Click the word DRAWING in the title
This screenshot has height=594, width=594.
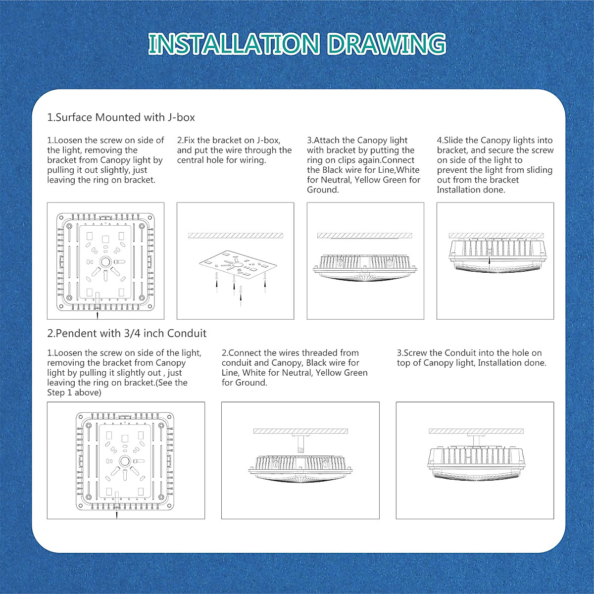click(386, 44)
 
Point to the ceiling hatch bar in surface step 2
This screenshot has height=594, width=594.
click(235, 236)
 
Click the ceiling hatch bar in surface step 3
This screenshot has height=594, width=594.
click(365, 236)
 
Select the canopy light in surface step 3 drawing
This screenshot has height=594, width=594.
click(365, 268)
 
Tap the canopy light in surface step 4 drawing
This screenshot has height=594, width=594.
click(495, 255)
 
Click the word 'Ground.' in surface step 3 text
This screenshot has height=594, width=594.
click(323, 190)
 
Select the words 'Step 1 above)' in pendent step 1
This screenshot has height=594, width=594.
click(74, 393)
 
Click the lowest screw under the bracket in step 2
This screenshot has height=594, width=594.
click(241, 297)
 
